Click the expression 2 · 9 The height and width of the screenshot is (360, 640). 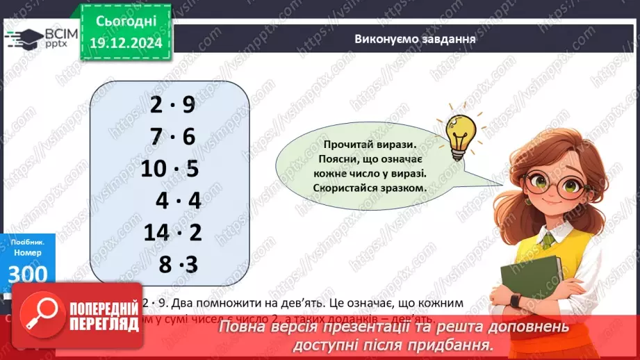click(172, 105)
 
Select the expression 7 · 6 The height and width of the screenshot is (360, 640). click(172, 137)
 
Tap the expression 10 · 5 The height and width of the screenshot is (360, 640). click(170, 169)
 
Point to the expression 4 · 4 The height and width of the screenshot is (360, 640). click(178, 201)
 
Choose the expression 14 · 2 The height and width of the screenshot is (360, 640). click(172, 233)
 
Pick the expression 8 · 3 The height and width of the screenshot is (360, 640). click(179, 265)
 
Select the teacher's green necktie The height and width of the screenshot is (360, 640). click(550, 240)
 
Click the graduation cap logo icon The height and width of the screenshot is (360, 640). click(22, 37)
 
